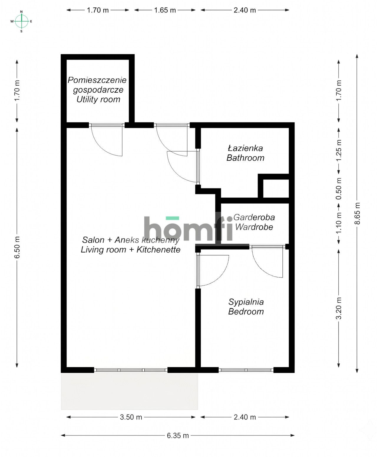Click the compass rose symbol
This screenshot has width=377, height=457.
[22, 22]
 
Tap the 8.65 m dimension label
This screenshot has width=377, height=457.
[357, 213]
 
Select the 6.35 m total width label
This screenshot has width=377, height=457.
[178, 435]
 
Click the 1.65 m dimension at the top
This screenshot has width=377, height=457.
[165, 10]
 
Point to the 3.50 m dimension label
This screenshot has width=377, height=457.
[131, 417]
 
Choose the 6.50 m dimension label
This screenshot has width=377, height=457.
[17, 247]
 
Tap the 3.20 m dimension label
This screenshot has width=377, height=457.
[338, 308]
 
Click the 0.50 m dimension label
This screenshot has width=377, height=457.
[338, 189]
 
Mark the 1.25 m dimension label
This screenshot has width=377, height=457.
[338, 150]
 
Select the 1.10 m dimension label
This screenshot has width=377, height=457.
[338, 223]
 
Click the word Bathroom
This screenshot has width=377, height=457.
[245, 158]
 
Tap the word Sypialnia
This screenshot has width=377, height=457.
[246, 302]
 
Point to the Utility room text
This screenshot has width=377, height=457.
[98, 99]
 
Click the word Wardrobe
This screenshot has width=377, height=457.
[254, 227]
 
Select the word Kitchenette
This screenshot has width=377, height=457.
[158, 250]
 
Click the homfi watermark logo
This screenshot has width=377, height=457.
[188, 228]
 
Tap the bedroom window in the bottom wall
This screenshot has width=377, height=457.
[246, 370]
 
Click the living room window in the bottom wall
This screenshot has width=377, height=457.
[131, 370]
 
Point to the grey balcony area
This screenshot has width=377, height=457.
[129, 391]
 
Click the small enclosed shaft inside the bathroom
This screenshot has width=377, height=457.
[276, 189]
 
